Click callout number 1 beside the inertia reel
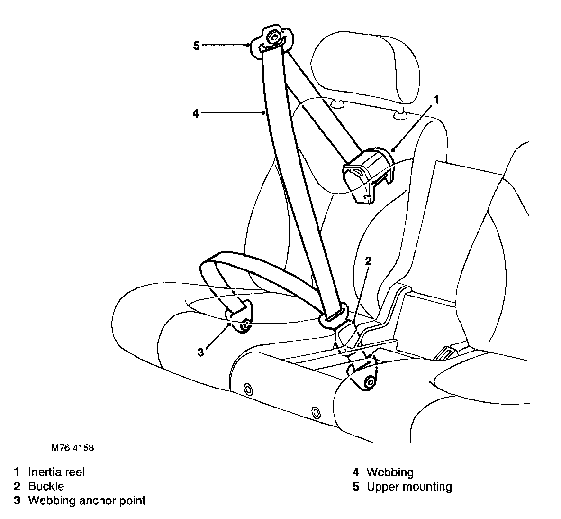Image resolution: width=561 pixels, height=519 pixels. pos(437,100)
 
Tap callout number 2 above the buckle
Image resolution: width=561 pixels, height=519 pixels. pos(368,260)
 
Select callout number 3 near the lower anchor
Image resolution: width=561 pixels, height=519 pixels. pos(201,352)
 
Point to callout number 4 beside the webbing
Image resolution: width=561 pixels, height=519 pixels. pos(196,113)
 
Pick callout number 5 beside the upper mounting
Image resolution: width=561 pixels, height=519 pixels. pos(197,46)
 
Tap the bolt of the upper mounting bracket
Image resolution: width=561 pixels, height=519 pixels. pos(273,37)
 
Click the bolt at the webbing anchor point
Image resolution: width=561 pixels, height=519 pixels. pos(245,325)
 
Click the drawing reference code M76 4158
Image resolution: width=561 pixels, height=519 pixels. pos(70,447)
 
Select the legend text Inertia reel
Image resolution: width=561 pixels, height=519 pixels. pos(56,472)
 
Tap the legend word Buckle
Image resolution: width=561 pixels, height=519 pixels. pos(46,486)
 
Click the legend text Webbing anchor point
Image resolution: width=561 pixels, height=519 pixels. pos(87,500)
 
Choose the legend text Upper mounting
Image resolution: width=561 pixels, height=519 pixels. pos(409,487)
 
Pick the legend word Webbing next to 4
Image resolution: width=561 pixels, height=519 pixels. pos(389,473)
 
